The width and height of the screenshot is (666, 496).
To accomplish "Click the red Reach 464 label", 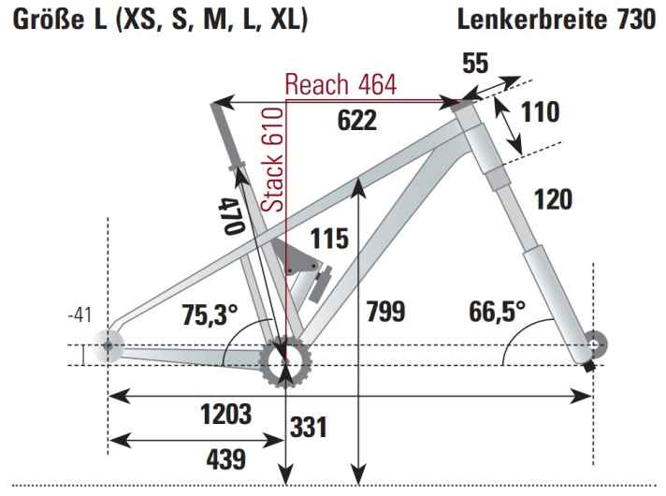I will [x=341, y=84].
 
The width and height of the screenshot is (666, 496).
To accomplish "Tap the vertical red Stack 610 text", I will [x=272, y=158].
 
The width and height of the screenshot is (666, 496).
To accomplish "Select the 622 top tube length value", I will [x=356, y=120].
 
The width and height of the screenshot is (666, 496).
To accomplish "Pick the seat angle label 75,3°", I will [x=210, y=315].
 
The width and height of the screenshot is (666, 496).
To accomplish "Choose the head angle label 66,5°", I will [x=496, y=311].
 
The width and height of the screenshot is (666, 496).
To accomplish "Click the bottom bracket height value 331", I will [x=308, y=429].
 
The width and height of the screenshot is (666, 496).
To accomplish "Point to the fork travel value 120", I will [x=554, y=199].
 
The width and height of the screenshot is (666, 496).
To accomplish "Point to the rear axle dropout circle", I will [x=109, y=345].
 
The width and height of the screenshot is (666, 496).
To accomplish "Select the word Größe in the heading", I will [x=46, y=19].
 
